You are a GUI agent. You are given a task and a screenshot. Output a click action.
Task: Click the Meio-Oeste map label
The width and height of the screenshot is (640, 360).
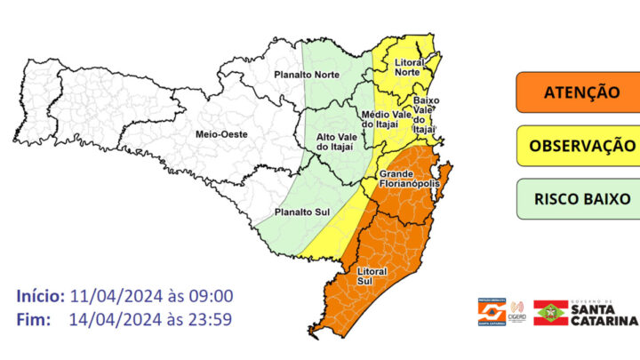[x=217, y=133]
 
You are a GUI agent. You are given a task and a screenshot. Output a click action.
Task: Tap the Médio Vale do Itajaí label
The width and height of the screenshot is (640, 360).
[x=385, y=121]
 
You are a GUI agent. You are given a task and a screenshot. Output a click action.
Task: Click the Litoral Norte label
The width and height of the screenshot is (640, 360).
[x=407, y=67]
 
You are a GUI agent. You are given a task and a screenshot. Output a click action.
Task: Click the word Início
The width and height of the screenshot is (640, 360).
[x=41, y=296]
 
